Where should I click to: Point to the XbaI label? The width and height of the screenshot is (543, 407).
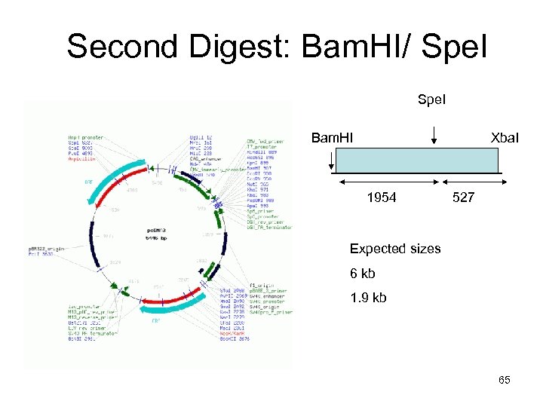point(504,139)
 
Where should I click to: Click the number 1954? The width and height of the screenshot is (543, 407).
point(382,197)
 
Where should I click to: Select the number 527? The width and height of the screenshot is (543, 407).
point(463,197)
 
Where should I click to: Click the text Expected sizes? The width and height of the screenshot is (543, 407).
point(395,249)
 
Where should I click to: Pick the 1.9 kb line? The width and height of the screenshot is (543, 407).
point(368,297)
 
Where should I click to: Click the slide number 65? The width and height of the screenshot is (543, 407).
point(504,380)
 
